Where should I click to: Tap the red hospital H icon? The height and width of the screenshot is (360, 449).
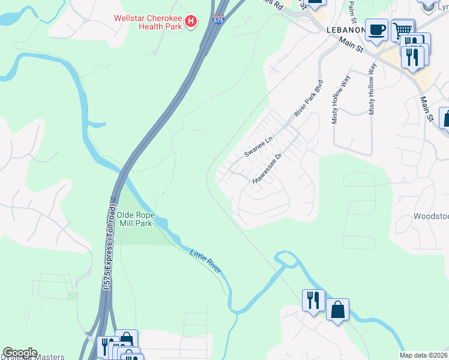coord(191,22)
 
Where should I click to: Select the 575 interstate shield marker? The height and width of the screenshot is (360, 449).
coord(219,21)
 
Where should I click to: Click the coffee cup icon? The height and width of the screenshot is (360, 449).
coord(376,30)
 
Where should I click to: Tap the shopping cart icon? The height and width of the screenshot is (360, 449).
coord(403,30)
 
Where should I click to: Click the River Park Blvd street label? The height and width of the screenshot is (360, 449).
coord(309,98)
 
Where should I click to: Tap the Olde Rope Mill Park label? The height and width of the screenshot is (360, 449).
coord(135,218)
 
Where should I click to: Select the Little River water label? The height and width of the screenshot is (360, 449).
coord(206,262)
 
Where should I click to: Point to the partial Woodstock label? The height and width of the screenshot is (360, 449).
coord(431,216)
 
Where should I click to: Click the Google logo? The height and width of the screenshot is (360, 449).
coord(19,353)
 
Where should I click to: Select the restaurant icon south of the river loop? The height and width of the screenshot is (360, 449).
coord(313,300)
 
